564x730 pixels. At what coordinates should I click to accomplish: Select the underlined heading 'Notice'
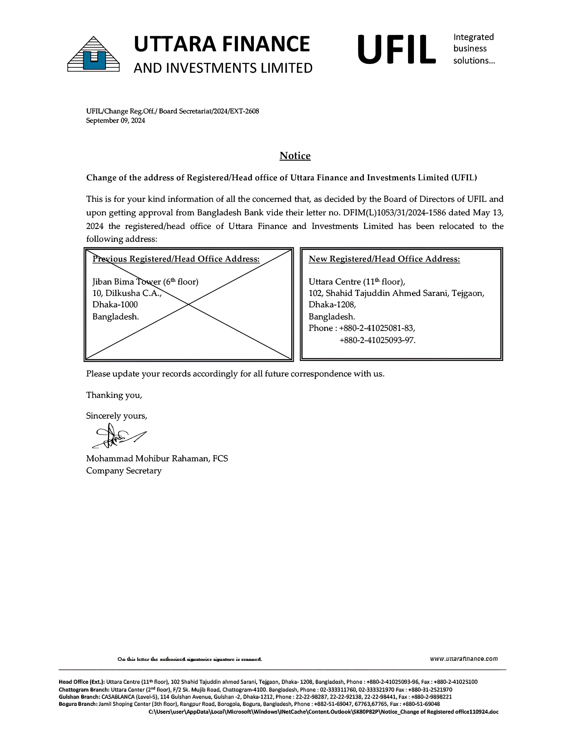pos(295,156)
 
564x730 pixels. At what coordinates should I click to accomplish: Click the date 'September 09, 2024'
pos(115,121)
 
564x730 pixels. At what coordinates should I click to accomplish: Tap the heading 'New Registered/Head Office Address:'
pos(384,259)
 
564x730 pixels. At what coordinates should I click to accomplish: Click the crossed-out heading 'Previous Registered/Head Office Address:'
pos(176,259)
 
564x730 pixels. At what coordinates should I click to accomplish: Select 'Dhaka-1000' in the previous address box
pos(115,305)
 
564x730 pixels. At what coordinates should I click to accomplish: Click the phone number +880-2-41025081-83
pos(377,328)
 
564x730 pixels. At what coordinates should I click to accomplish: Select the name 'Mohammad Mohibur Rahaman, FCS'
pos(157,459)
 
